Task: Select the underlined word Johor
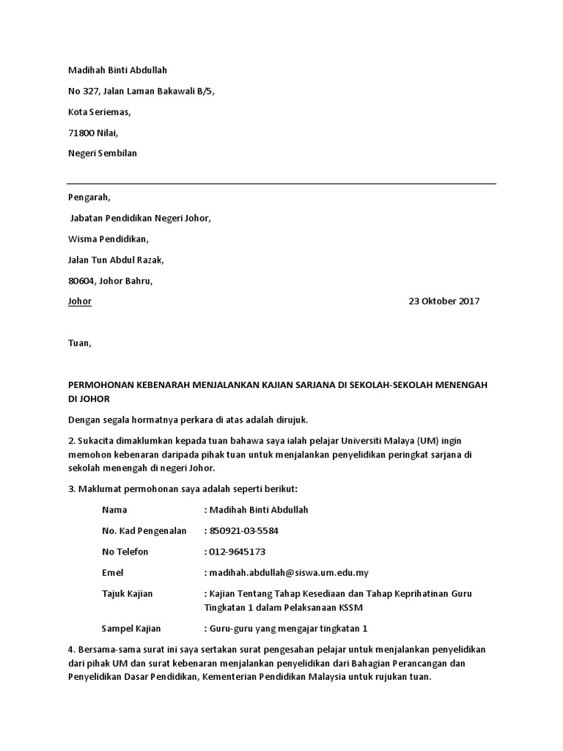[x=80, y=301]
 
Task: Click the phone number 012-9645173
[x=237, y=552]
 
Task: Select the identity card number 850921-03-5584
[x=243, y=531]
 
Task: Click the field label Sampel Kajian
[x=130, y=629]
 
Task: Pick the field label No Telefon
[x=125, y=552]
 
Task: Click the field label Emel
[x=113, y=573]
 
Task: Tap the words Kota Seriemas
[x=99, y=112]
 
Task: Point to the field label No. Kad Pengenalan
[x=144, y=531]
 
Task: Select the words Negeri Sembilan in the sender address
[x=102, y=154]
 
